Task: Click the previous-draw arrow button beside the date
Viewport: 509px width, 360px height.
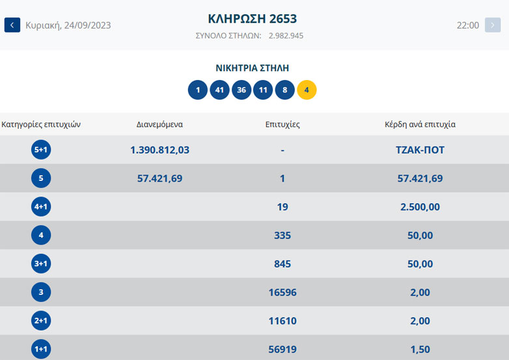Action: (12, 25)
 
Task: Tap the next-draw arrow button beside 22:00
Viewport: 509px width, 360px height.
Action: (492, 25)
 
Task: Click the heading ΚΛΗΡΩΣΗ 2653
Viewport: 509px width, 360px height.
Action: (253, 19)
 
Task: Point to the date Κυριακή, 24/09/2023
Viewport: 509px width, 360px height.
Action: (68, 25)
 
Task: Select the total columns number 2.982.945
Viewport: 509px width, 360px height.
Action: (286, 36)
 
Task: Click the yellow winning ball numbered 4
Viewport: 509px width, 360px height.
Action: (307, 90)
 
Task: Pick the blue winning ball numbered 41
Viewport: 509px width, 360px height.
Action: (219, 90)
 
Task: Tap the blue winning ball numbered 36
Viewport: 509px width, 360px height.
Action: (241, 90)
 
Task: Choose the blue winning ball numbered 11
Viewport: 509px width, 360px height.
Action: (263, 90)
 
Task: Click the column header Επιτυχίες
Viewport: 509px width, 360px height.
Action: (282, 124)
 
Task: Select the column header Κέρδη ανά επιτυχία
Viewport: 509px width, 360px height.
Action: (420, 124)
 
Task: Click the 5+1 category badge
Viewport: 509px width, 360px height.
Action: (41, 150)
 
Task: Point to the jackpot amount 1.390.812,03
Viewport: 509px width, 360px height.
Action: (159, 150)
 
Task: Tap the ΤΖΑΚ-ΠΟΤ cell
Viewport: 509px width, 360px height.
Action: (420, 150)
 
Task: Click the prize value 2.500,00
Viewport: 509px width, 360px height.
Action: (420, 207)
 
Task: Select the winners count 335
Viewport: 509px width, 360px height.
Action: (282, 236)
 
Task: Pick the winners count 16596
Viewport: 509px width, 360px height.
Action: (282, 293)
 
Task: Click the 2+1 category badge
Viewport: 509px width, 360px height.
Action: (41, 321)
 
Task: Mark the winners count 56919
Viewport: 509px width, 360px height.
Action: (282, 350)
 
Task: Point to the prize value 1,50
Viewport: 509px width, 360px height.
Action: (420, 350)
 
